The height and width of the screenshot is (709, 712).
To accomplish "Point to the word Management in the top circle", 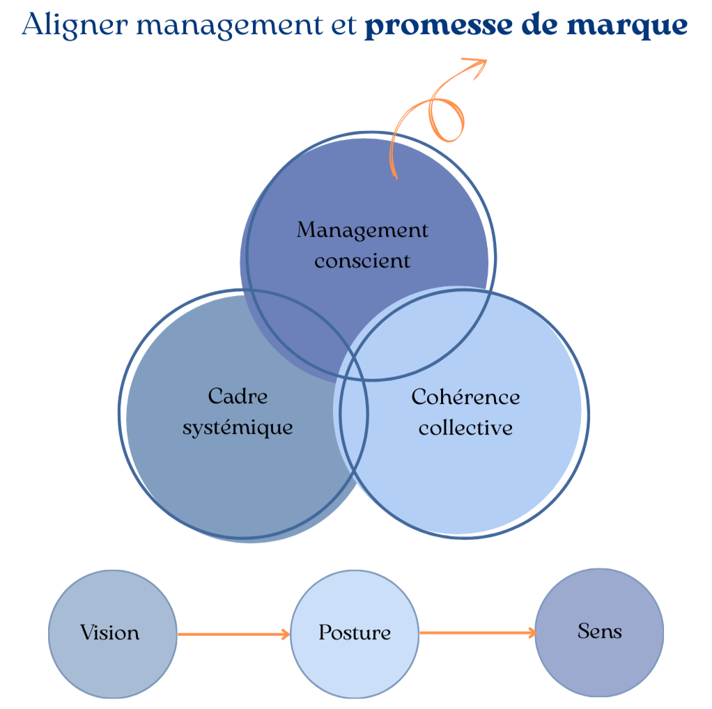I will [x=362, y=230].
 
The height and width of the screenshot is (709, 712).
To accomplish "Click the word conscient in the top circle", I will [x=362, y=261].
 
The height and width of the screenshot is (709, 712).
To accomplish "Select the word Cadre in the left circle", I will [x=238, y=396].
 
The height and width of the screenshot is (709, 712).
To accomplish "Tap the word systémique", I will [x=238, y=427].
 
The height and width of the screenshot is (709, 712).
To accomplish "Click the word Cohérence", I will [x=465, y=396].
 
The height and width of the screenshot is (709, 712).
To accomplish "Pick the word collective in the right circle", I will [x=465, y=427].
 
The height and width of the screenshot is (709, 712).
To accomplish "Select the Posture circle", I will [x=355, y=633].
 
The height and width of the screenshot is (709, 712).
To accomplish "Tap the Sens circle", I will [x=599, y=632].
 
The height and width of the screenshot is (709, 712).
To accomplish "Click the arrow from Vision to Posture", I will [x=233, y=634].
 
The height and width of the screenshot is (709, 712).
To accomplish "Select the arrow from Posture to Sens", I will [x=478, y=632].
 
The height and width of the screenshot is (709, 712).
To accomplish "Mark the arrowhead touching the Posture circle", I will [x=285, y=634].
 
